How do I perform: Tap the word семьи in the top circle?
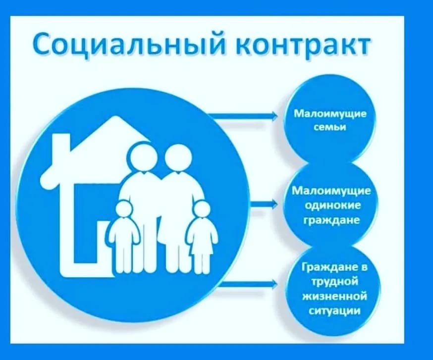click(330, 127)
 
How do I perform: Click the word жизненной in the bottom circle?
click(335, 296)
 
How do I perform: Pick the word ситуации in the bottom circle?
click(335, 311)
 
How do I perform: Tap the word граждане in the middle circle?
click(331, 220)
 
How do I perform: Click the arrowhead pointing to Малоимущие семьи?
click(274, 116)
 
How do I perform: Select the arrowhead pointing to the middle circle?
click(274, 205)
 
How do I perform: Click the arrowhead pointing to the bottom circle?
click(274, 283)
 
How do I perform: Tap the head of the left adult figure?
click(143, 156)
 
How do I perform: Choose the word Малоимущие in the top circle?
click(330, 114)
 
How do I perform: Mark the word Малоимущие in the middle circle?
click(331, 191)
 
